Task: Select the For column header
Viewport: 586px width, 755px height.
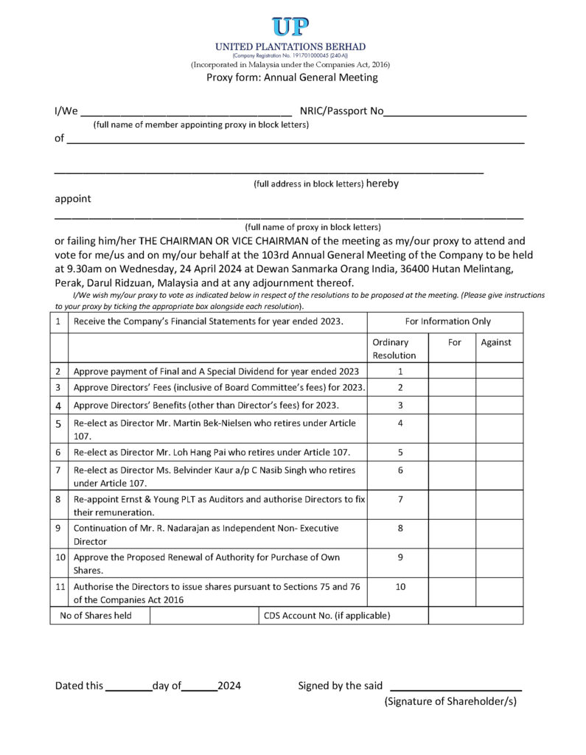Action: pos(455,343)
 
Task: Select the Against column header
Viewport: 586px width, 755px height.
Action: pos(496,343)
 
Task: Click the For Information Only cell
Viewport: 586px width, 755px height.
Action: pos(447,321)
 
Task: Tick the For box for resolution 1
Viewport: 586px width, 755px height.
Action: pos(452,372)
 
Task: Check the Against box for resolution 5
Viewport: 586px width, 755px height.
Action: pos(499,451)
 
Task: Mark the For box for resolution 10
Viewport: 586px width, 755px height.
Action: pos(452,593)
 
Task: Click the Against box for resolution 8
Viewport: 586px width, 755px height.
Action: pos(499,535)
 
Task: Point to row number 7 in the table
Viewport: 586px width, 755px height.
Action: pos(58,470)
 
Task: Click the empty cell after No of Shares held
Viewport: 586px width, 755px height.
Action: pos(203,616)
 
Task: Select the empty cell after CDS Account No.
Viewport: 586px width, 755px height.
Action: pos(475,616)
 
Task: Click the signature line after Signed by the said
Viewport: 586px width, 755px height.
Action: pos(455,686)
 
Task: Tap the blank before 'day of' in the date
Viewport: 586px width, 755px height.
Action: pos(128,686)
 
